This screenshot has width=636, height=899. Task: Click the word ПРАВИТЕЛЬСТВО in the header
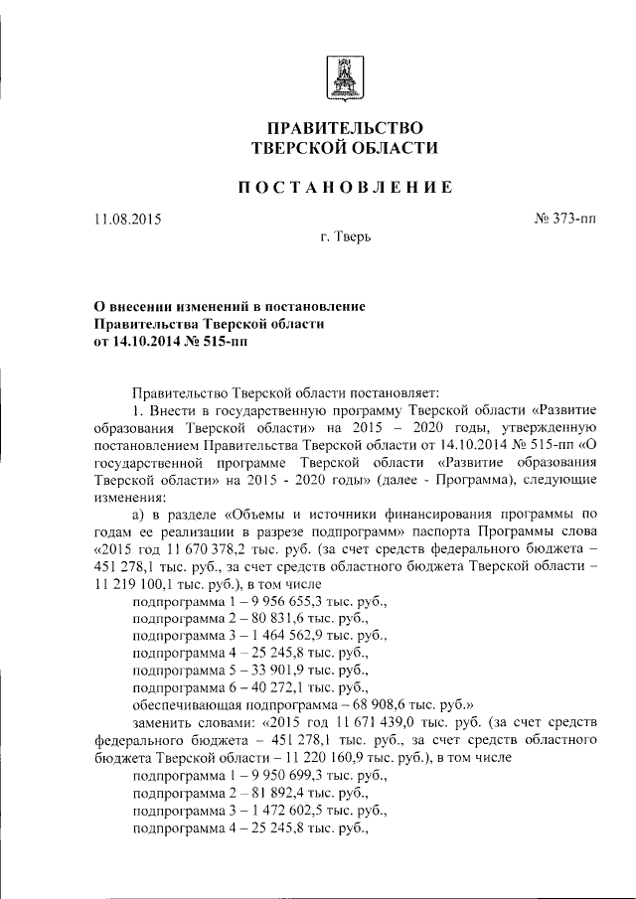click(x=346, y=128)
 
